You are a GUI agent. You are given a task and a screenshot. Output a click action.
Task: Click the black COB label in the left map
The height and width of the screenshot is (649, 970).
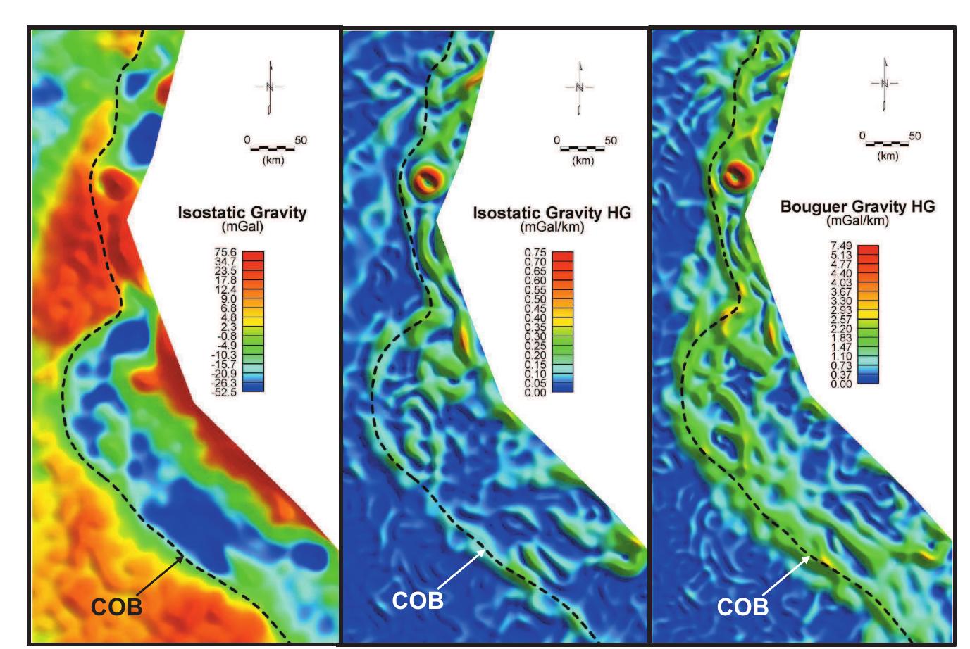(116, 607)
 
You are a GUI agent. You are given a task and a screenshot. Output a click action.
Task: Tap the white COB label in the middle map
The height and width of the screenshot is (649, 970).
(418, 600)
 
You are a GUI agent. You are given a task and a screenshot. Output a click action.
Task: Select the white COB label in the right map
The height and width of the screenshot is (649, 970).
(742, 607)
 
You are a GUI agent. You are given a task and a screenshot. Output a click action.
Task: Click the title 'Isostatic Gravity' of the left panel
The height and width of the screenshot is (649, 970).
(242, 213)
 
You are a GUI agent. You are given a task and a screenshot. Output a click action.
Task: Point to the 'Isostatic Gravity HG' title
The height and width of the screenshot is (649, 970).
(552, 213)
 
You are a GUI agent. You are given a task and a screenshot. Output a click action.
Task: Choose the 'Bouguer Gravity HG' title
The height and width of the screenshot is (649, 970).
(857, 206)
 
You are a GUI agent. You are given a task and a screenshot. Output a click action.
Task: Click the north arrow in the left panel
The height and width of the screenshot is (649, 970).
(270, 88)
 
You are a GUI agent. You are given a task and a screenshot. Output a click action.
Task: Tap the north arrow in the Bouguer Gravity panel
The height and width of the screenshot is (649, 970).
(884, 84)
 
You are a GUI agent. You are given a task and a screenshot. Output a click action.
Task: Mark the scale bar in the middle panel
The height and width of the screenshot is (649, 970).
(583, 149)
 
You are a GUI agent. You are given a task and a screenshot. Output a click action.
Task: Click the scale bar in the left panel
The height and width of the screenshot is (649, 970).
(273, 149)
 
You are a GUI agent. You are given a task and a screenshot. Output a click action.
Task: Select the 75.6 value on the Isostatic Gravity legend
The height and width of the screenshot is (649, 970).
(225, 252)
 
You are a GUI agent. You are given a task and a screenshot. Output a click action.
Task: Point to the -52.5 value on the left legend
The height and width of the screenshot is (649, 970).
(224, 393)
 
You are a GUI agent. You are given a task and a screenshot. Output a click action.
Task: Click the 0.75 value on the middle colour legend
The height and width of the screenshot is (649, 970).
(535, 253)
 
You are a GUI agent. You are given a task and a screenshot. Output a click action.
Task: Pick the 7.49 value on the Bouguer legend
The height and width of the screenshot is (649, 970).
(841, 246)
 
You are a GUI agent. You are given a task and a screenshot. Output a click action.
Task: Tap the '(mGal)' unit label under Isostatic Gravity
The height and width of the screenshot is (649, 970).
(242, 227)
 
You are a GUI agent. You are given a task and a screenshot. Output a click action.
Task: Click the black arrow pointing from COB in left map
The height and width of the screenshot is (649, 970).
(160, 574)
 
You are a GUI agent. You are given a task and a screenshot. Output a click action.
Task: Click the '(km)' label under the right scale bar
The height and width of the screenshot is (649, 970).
(888, 156)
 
